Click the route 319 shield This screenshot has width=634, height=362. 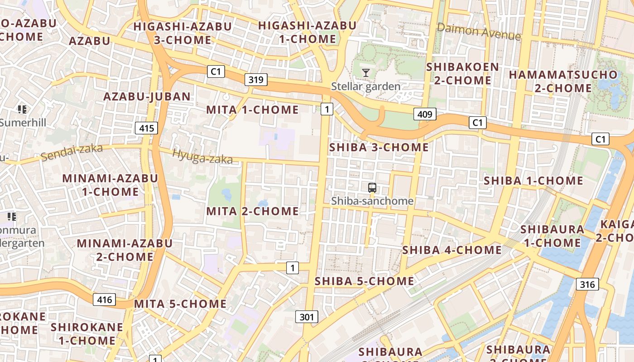256,80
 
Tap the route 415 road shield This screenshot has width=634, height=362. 146,128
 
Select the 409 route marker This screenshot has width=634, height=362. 424,114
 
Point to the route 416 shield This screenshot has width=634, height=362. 104,299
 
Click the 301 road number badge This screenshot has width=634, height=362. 307,317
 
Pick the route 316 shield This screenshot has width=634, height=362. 587,284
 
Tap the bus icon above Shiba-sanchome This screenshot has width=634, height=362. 372,188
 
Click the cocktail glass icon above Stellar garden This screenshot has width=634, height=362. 366,72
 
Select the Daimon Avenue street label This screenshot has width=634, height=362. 479,32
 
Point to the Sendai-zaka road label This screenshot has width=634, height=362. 72,152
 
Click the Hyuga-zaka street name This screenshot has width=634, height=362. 202,157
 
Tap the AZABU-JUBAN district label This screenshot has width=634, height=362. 147,96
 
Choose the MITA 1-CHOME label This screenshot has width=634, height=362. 252,110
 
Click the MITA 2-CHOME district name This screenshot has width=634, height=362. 252,211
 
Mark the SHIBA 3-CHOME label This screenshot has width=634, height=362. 379,148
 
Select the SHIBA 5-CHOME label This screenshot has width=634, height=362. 364,281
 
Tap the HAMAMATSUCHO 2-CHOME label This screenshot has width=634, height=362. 563,81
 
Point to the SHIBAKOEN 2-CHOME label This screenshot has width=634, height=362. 462,74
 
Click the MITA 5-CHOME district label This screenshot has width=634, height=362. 180,304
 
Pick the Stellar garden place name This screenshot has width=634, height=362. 366,86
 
